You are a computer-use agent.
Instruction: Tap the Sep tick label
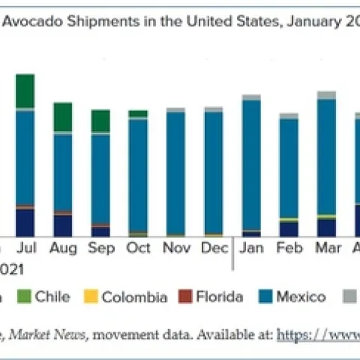pyautogui.click(x=100, y=247)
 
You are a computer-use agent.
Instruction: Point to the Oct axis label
pyautogui.click(x=138, y=247)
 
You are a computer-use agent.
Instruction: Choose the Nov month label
pyautogui.click(x=175, y=247)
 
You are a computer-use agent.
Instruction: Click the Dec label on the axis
pyautogui.click(x=213, y=247)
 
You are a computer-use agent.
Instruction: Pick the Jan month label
pyautogui.click(x=252, y=247)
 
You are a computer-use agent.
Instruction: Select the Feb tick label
pyautogui.click(x=289, y=247)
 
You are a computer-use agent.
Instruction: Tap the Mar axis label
pyautogui.click(x=326, y=247)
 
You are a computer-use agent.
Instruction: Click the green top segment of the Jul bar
pyautogui.click(x=25, y=91)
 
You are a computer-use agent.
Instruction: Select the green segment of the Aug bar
pyautogui.click(x=63, y=117)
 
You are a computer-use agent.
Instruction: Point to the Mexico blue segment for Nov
pyautogui.click(x=175, y=172)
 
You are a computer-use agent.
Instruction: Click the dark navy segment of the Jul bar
pyautogui.click(x=25, y=222)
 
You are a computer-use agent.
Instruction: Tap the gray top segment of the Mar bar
pyautogui.click(x=326, y=95)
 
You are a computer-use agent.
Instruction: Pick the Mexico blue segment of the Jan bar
pyautogui.click(x=252, y=165)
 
